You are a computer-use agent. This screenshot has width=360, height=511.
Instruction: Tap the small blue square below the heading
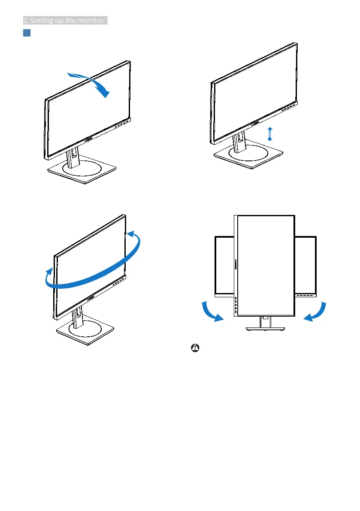click(26, 33)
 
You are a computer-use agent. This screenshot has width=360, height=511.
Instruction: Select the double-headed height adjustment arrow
click(269, 134)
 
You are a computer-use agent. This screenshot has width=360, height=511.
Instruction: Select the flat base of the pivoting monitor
click(265, 328)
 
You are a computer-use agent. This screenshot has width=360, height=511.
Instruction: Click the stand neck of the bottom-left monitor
click(79, 318)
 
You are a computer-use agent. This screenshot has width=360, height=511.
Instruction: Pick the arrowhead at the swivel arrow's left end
click(50, 272)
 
